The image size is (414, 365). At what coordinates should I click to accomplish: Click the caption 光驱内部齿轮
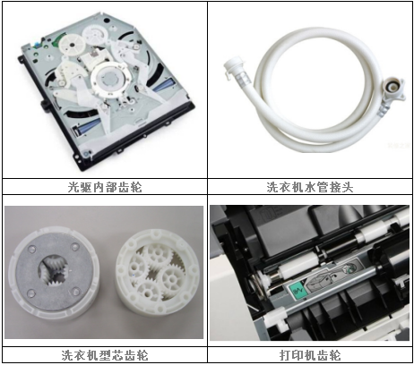[x=104, y=188]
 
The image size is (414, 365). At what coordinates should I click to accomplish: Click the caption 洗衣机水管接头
[x=310, y=188]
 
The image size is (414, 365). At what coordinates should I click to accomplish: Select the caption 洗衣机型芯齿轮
[x=104, y=353]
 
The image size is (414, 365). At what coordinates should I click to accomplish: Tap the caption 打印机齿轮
[x=310, y=353]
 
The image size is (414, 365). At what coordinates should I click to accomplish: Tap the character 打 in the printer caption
[x=286, y=353]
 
